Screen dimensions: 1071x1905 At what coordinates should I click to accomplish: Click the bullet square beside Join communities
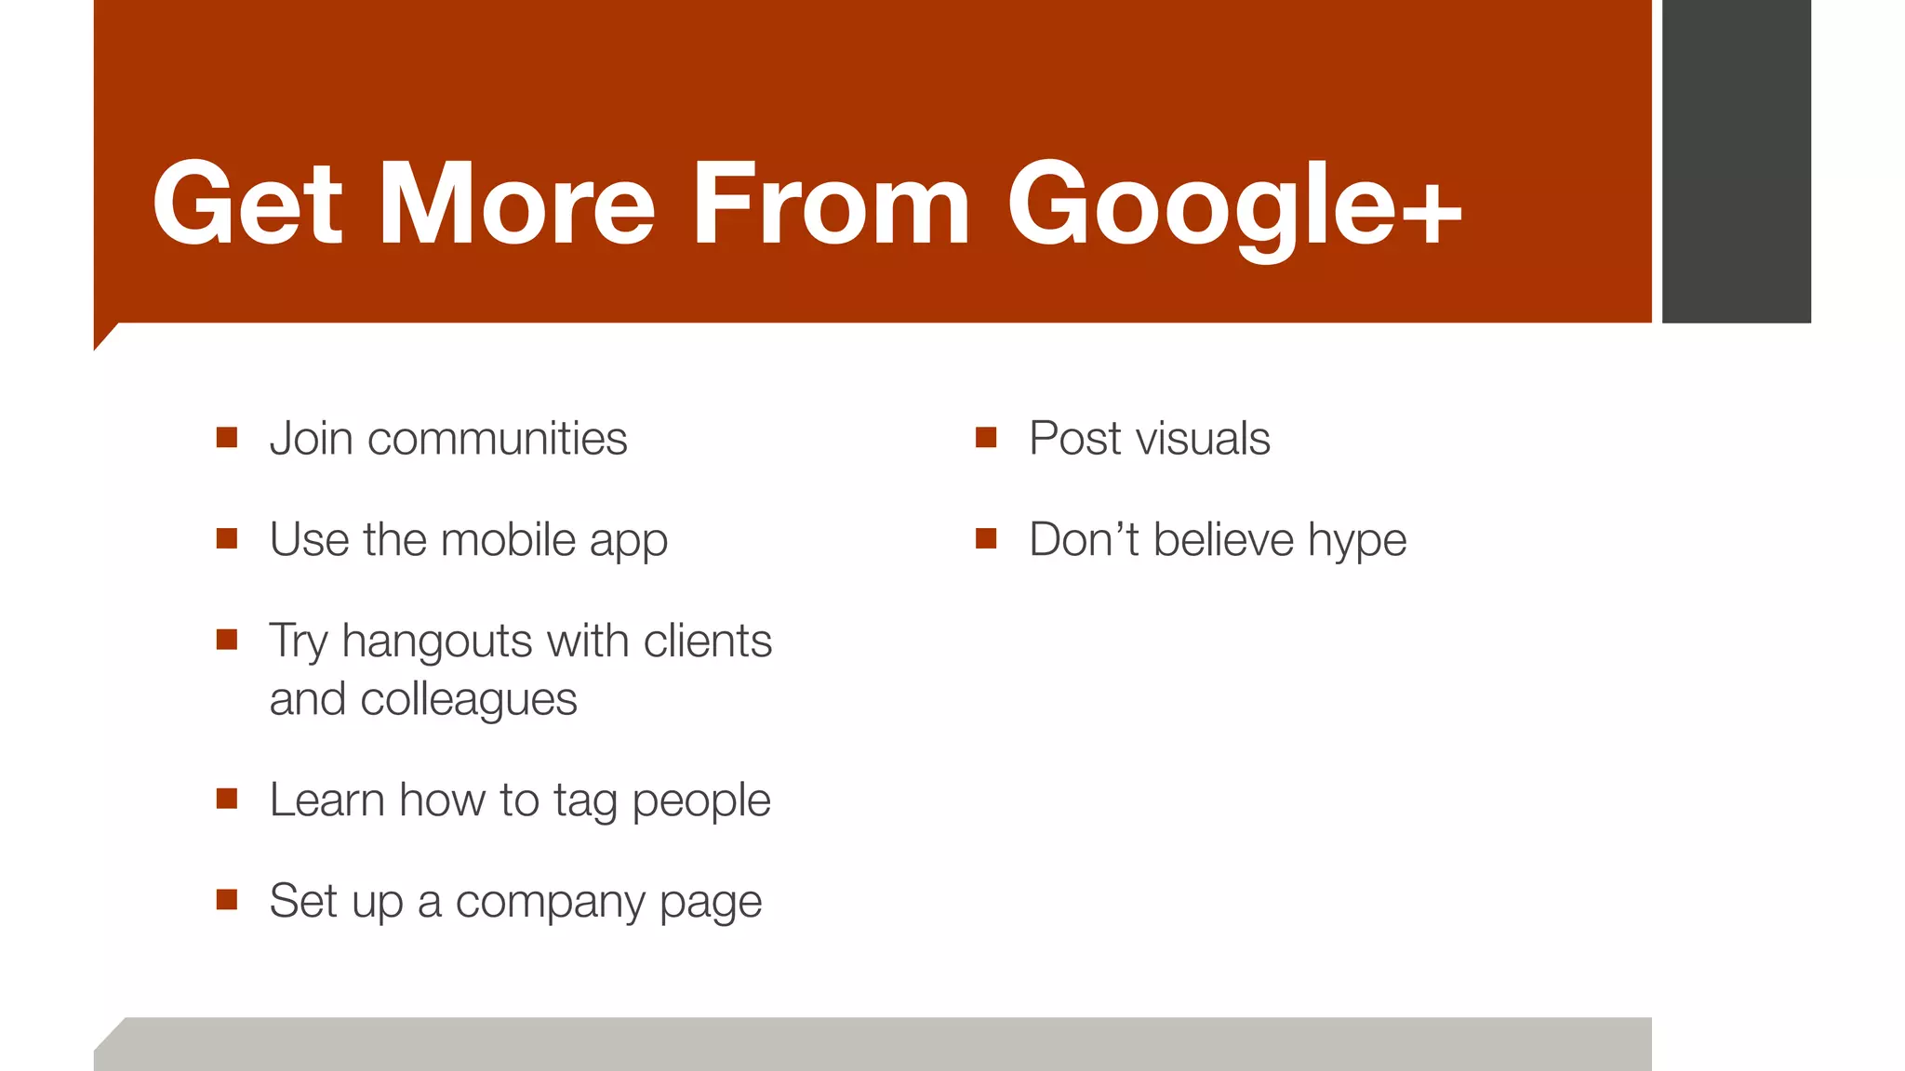[x=227, y=437]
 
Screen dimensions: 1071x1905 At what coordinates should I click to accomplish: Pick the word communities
[x=497, y=439]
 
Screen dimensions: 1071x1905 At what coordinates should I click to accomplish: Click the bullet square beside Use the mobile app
[x=227, y=538]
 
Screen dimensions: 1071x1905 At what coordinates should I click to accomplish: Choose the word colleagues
[x=469, y=700]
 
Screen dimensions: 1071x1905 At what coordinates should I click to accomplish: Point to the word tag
[x=585, y=801]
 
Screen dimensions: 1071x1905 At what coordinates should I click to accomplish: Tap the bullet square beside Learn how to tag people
[x=227, y=799]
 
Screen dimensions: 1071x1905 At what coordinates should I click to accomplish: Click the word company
[x=550, y=903]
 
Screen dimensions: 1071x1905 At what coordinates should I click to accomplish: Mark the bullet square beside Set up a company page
[x=227, y=899]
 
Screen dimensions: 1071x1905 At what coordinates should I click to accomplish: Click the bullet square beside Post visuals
[x=986, y=437]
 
